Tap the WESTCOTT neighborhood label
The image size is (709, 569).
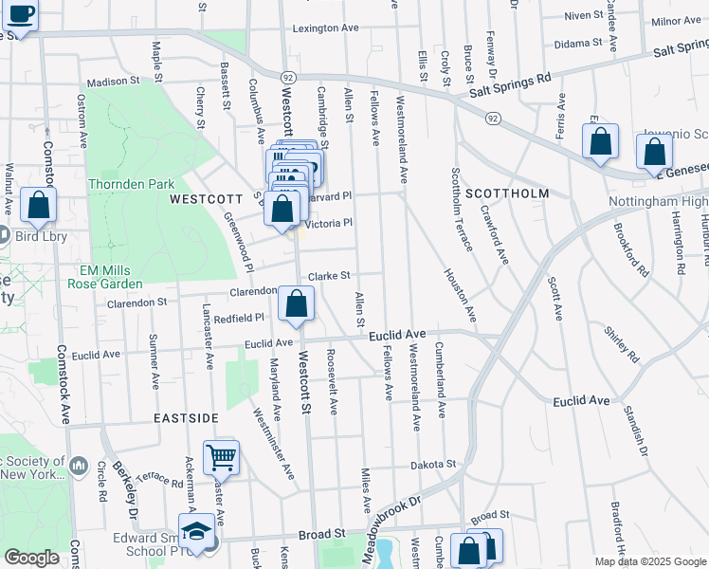coord(207,200)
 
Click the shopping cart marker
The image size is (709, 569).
coord(221,458)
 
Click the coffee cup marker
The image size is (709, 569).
coord(21,14)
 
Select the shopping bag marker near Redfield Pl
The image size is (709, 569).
coord(297,305)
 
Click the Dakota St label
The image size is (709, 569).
coord(433,465)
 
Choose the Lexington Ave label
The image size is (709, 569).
coord(325,28)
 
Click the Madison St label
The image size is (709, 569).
coord(115,82)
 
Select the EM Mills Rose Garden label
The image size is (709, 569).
coord(112,276)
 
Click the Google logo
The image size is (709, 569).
coord(32,558)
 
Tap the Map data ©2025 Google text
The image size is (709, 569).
coord(650,561)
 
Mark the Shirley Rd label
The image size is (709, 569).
coord(622,345)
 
